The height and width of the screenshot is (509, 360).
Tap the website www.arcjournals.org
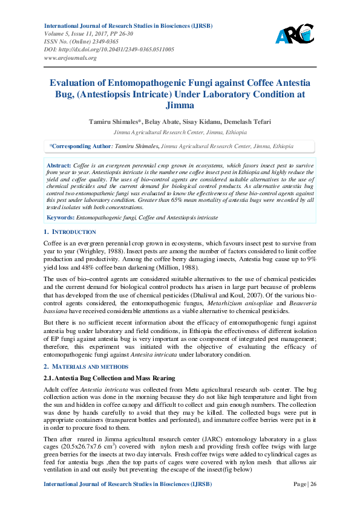pos(70,58)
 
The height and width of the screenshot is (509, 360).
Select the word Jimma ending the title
pos(180,105)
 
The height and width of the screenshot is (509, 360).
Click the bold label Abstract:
pos(58,165)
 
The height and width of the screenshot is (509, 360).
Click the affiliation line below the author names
pos(180,131)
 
